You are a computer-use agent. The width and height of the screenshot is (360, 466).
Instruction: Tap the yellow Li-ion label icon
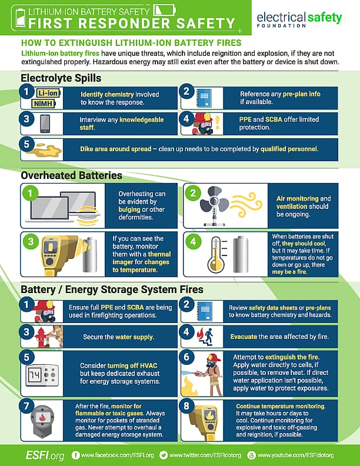(x=48, y=94)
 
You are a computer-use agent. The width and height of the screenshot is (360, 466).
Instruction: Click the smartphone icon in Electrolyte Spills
(x=45, y=124)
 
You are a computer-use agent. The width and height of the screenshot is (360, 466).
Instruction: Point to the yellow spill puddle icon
(x=47, y=148)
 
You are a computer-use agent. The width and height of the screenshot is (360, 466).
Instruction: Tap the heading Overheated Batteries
(x=71, y=175)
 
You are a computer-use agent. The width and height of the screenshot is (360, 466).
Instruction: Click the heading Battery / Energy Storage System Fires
(x=112, y=289)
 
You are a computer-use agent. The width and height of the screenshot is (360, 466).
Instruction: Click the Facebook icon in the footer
(x=76, y=455)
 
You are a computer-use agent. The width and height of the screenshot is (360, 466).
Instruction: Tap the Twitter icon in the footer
(x=165, y=455)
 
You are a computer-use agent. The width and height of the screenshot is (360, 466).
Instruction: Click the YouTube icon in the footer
(x=252, y=455)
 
